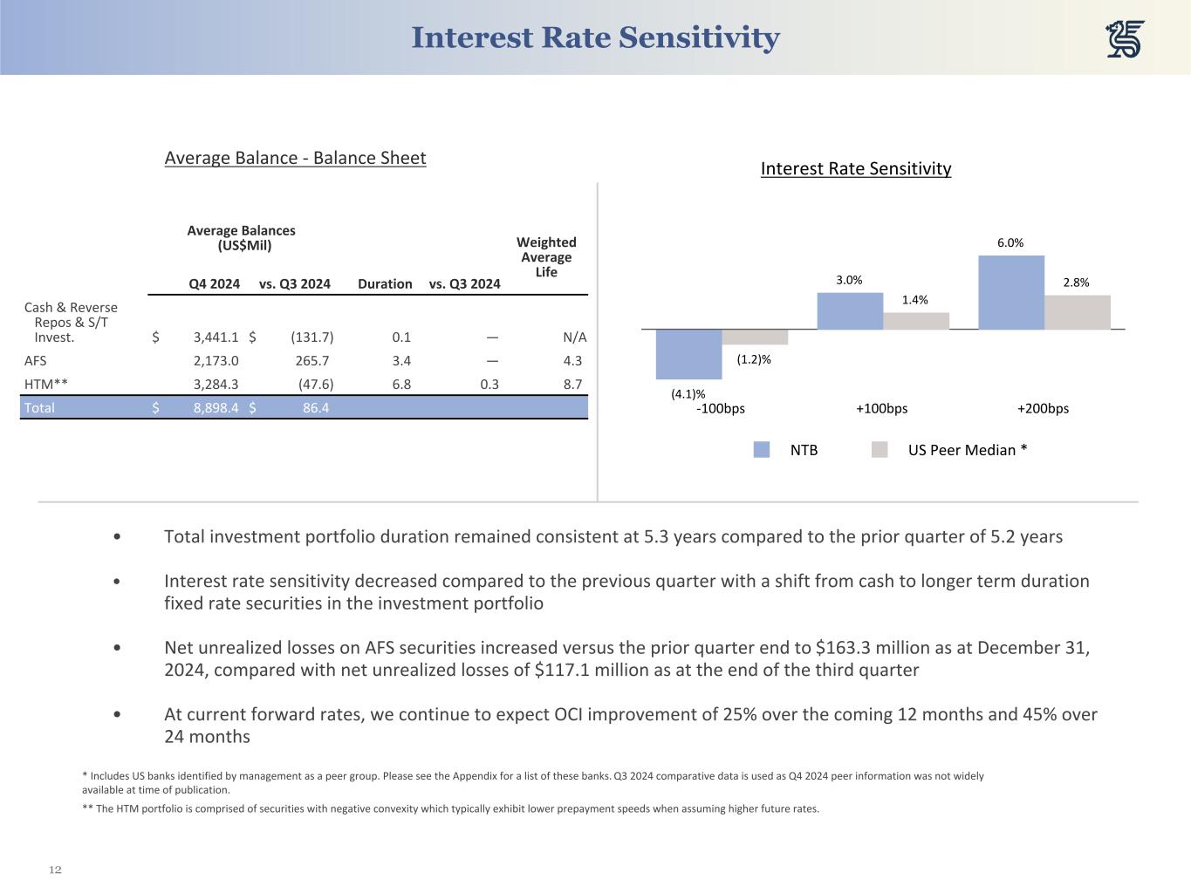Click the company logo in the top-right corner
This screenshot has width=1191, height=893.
pos(1126,39)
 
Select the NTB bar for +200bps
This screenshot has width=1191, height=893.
pos(1011,292)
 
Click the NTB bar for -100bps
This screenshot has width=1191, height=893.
pos(689,353)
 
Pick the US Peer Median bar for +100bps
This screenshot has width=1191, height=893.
pos(916,320)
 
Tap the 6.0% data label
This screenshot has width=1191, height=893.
pos(1010,243)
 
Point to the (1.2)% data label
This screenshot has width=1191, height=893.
pos(754,358)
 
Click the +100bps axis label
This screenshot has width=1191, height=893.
pos(881,408)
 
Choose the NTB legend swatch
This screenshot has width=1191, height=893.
pos(762,450)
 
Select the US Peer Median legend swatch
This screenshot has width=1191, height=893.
pos(880,450)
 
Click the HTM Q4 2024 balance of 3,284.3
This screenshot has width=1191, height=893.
pos(216,384)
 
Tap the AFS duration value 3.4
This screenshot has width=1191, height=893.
pos(401,360)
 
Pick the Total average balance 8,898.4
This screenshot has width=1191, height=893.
pos(216,407)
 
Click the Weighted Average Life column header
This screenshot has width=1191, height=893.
pos(546,257)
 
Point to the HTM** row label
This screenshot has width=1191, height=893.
pos(46,384)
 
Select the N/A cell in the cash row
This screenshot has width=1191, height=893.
pos(575,337)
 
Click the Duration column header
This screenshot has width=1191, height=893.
pos(385,283)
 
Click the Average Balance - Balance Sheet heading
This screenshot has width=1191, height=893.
pos(295,158)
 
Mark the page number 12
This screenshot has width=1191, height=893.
pos(55,869)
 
